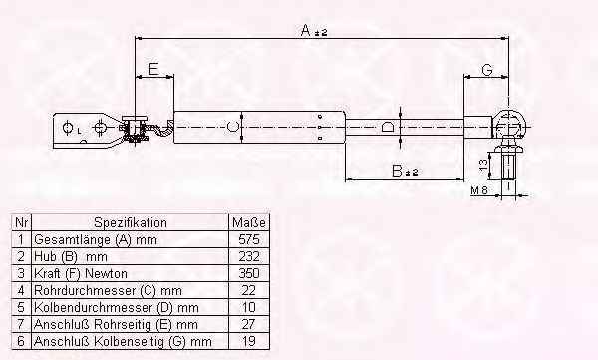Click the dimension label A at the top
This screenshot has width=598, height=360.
(x=314, y=31)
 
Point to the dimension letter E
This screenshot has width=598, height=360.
(x=153, y=69)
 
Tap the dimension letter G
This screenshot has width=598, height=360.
(x=487, y=70)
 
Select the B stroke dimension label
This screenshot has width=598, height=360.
(x=405, y=171)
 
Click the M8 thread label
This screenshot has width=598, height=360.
(x=479, y=190)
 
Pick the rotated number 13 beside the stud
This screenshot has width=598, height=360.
(x=483, y=165)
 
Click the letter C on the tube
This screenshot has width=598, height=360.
(x=232, y=126)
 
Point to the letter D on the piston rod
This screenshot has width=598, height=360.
(x=387, y=127)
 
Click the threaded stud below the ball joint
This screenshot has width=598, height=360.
(x=508, y=165)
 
